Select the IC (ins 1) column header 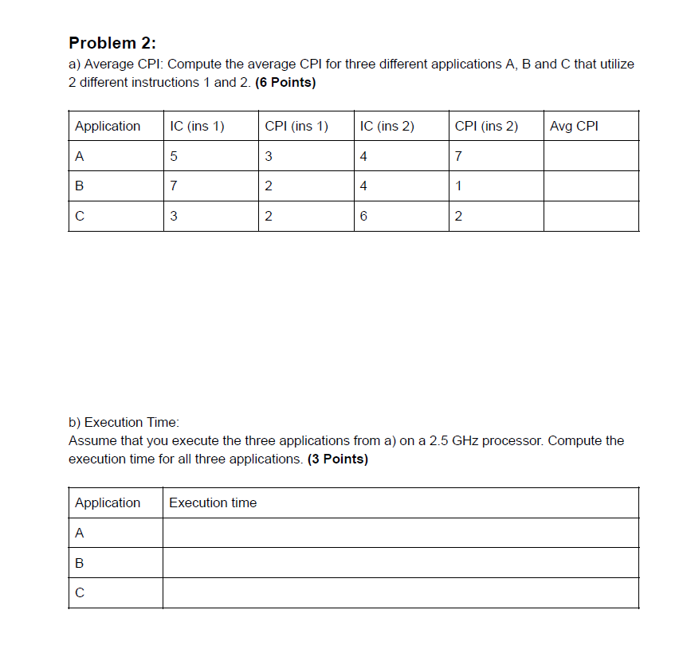coord(197,126)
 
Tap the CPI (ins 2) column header coord(486,126)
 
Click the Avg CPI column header coord(574,126)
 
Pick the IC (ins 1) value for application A coord(174,156)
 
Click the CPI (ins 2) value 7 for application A coord(458,156)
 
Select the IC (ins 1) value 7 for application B coord(174,186)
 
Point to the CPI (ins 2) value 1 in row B coord(458,186)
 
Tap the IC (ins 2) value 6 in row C coord(363,217)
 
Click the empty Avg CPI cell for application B coord(591,186)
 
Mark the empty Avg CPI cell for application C coord(591,217)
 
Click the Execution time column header coord(213,502)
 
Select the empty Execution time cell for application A coord(400,533)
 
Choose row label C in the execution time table coord(79,593)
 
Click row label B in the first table coord(79,186)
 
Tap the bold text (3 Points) coord(337,459)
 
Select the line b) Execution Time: coord(124,422)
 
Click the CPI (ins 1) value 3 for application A coord(269,156)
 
